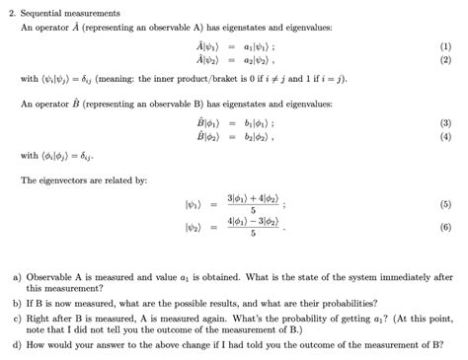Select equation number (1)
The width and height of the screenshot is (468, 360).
pyautogui.click(x=446, y=46)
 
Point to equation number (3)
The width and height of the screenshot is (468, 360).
pyautogui.click(x=446, y=122)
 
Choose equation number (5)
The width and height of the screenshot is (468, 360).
pyautogui.click(x=446, y=203)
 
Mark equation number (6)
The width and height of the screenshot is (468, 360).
pyautogui.click(x=446, y=228)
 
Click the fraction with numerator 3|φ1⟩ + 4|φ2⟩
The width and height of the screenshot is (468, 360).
pyautogui.click(x=254, y=203)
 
